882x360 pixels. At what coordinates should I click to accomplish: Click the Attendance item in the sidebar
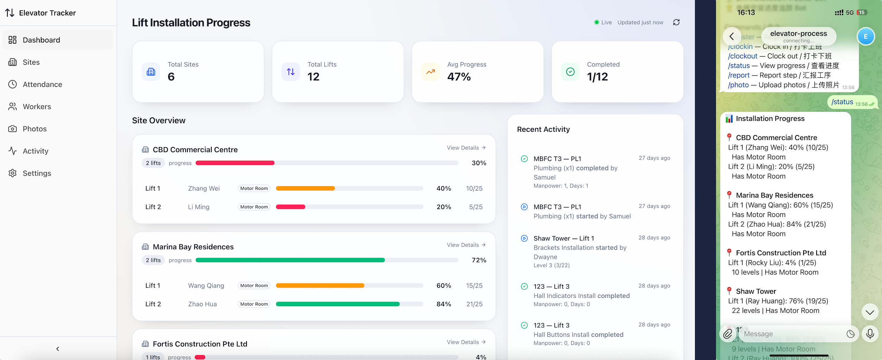(x=42, y=84)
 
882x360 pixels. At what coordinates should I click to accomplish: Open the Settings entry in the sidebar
(x=37, y=173)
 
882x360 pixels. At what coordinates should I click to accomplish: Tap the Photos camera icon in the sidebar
(x=13, y=129)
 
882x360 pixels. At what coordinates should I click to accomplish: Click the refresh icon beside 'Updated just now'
(x=676, y=22)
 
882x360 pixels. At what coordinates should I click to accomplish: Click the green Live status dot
(x=596, y=22)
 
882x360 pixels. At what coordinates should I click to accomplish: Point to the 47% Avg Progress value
(x=459, y=77)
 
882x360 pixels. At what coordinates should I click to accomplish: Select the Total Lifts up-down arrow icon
(x=291, y=72)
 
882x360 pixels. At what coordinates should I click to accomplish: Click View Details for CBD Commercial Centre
(x=466, y=148)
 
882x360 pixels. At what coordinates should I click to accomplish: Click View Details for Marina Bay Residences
(x=466, y=245)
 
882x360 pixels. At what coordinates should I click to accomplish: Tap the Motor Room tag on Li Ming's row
(x=254, y=207)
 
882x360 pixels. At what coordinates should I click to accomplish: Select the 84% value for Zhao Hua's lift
(x=443, y=304)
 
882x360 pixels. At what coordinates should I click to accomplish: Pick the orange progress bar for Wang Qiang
(x=320, y=285)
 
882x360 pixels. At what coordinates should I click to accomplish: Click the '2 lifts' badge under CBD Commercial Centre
(x=153, y=163)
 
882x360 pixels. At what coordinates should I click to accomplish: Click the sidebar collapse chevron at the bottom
(x=58, y=349)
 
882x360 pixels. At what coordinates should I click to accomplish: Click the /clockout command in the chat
(x=742, y=56)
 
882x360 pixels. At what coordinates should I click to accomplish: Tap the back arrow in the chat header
(x=731, y=36)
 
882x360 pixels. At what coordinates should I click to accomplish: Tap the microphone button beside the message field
(x=870, y=334)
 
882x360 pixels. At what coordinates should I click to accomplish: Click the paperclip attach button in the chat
(x=728, y=334)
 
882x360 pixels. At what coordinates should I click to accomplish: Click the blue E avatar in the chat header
(x=865, y=36)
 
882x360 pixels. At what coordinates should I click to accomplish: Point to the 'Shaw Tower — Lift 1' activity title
(x=564, y=238)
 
